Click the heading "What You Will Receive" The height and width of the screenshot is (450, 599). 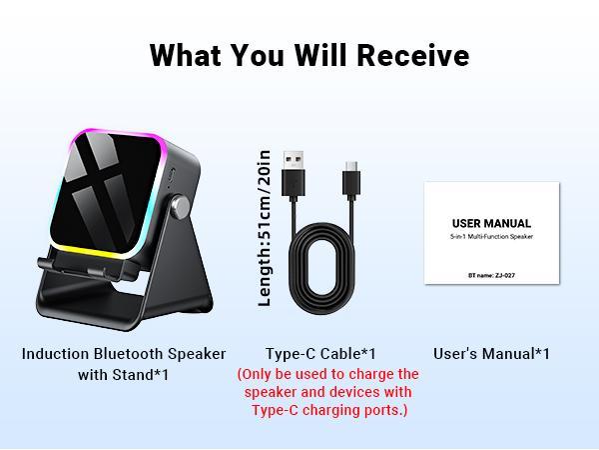(x=308, y=55)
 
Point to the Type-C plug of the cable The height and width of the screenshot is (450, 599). (x=351, y=178)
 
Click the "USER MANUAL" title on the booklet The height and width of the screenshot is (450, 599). (x=491, y=223)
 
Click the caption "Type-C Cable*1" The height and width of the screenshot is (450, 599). (x=320, y=354)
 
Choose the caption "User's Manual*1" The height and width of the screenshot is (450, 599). (x=491, y=354)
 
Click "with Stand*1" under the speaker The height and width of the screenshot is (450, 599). (x=124, y=375)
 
